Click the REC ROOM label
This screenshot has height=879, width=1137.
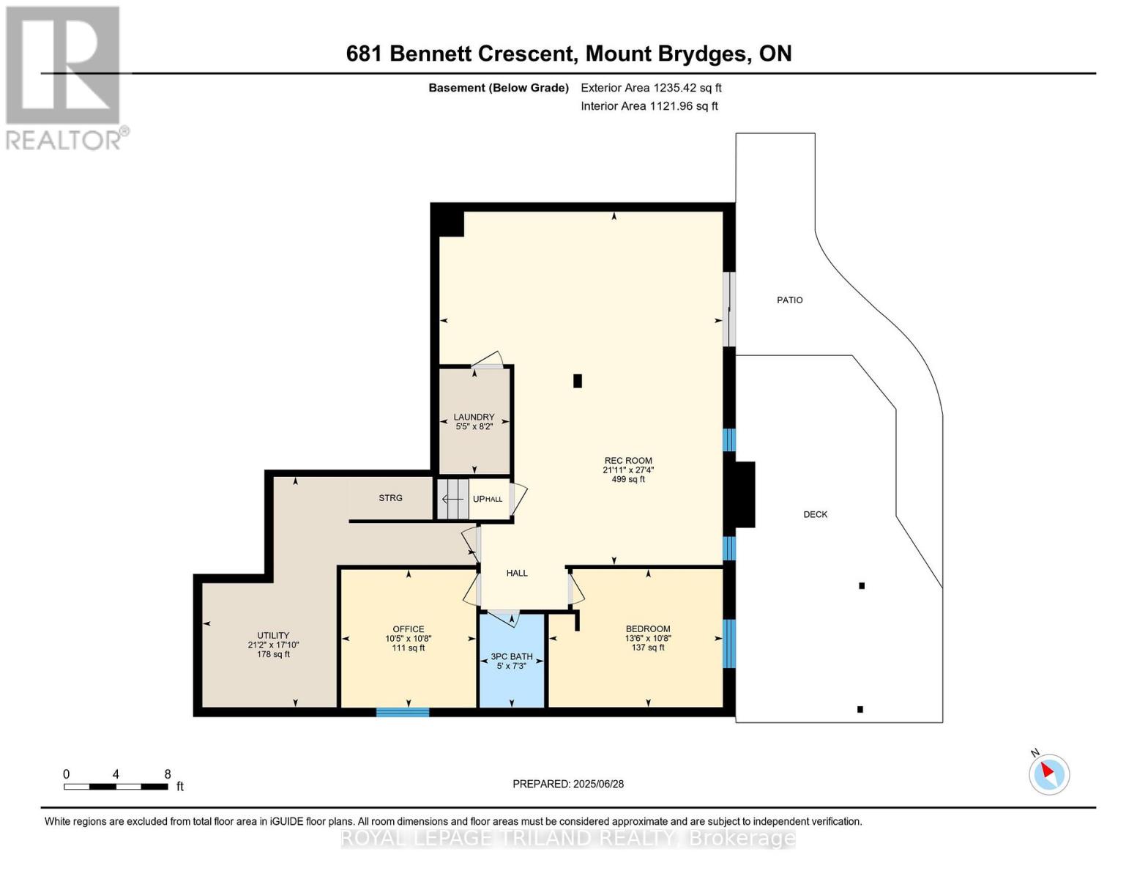pyautogui.click(x=627, y=461)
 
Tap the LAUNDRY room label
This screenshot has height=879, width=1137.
pyautogui.click(x=474, y=418)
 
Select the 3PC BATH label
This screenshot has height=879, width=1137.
pyautogui.click(x=511, y=657)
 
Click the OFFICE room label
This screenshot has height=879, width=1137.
pyautogui.click(x=409, y=629)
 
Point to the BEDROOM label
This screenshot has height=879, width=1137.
pyautogui.click(x=648, y=629)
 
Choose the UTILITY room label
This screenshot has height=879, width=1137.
pyautogui.click(x=273, y=636)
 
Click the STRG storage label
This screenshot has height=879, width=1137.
pyautogui.click(x=390, y=498)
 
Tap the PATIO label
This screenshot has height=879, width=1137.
pyautogui.click(x=790, y=300)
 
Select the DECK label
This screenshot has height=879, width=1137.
pyautogui.click(x=815, y=515)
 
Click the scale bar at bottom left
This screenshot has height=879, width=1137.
pyautogui.click(x=116, y=787)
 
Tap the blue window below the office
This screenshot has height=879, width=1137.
pyautogui.click(x=403, y=712)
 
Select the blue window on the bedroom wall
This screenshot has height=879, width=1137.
pyautogui.click(x=728, y=644)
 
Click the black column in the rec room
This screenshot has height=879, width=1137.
pyautogui.click(x=578, y=381)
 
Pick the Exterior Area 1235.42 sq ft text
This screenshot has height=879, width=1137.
pyautogui.click(x=651, y=88)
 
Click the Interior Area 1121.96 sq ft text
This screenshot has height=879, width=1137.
pyautogui.click(x=649, y=106)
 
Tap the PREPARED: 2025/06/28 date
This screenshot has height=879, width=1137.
pyautogui.click(x=568, y=784)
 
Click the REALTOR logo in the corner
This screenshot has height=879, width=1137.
pyautogui.click(x=64, y=77)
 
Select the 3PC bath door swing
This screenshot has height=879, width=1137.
pyautogui.click(x=503, y=618)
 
